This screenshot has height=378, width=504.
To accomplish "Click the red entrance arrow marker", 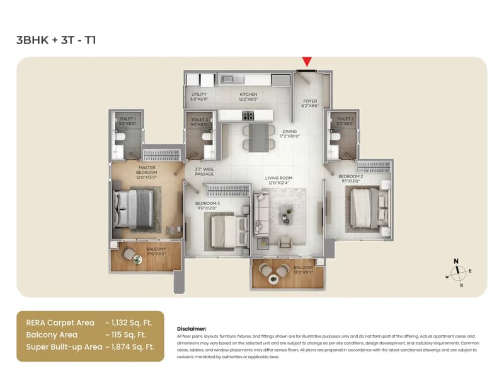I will [307, 61].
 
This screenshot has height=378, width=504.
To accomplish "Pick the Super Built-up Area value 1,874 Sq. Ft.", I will [136, 346].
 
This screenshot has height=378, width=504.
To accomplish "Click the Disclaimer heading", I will [192, 328].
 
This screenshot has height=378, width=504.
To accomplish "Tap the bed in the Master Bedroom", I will [134, 208].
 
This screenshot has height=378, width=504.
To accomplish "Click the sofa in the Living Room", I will [261, 214].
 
